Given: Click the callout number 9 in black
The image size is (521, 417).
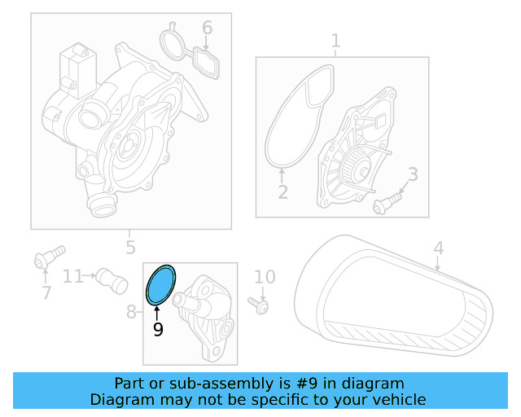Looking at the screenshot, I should (158, 329).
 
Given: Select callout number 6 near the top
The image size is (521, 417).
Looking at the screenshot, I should (208, 29).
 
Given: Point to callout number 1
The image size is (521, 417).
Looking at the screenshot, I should (335, 41).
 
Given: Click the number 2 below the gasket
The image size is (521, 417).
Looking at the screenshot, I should (282, 193).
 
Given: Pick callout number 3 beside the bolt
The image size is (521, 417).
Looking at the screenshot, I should (413, 173).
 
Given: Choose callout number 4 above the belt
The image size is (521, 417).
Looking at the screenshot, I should (439, 248).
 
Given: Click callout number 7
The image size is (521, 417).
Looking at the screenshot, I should (46, 292).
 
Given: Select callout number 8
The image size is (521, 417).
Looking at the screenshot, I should (132, 311).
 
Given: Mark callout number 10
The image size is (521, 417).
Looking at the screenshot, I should (265, 278).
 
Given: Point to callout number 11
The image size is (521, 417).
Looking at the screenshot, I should (73, 276).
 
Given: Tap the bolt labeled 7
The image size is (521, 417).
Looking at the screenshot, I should (48, 257).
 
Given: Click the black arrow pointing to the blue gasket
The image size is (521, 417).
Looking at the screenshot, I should (156, 309).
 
